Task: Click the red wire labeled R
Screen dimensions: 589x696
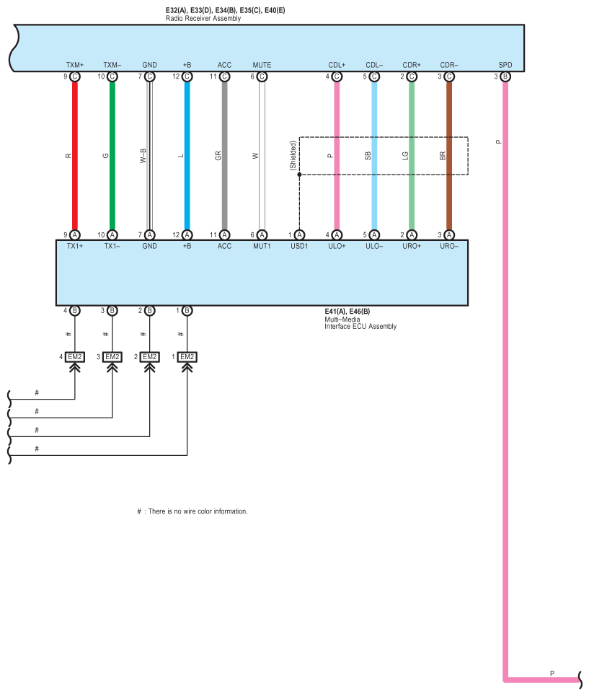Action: (75, 156)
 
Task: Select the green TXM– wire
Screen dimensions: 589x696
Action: (112, 156)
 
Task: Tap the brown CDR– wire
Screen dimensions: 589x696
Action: (449, 156)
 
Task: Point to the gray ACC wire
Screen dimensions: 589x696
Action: (224, 156)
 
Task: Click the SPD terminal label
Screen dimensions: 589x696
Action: (505, 65)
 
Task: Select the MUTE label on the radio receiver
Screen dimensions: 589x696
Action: (262, 65)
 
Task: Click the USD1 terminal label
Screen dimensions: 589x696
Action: (299, 246)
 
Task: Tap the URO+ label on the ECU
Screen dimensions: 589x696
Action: (412, 246)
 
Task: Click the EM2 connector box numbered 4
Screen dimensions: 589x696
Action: (74, 357)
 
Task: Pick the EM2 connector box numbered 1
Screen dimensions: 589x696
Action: (187, 357)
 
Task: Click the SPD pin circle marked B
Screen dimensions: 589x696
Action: (505, 76)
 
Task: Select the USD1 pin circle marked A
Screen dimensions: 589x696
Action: (299, 235)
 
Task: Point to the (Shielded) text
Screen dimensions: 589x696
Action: (293, 156)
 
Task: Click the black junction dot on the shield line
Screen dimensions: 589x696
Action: (299, 175)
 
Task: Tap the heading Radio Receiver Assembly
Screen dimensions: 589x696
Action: (203, 19)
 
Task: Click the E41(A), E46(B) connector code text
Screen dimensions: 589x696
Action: (347, 312)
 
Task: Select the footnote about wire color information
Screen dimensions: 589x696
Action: (192, 511)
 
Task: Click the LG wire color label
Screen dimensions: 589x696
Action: (405, 156)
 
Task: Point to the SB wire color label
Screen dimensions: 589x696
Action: (368, 156)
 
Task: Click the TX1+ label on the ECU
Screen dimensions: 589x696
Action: (75, 246)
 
